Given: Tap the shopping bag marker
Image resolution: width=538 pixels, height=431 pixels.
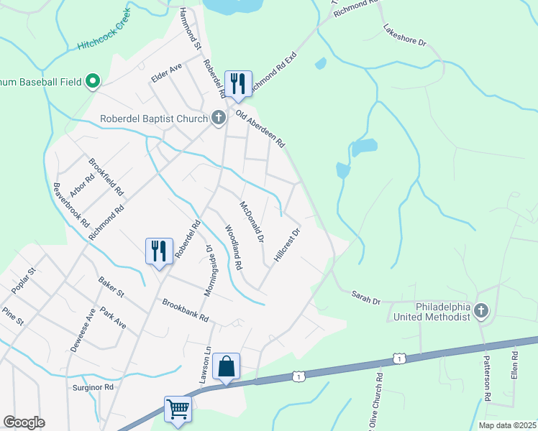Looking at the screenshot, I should tap(226, 366).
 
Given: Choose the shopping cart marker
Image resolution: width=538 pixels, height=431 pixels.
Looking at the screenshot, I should tap(178, 409).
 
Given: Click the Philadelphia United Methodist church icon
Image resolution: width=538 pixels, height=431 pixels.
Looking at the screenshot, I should tap(481, 311).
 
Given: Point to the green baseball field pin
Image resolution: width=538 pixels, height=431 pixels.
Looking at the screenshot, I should tap(93, 82).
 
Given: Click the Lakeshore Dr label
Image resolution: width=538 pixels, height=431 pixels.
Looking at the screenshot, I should tap(405, 37).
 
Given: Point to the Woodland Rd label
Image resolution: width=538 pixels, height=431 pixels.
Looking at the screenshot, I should tap(232, 248).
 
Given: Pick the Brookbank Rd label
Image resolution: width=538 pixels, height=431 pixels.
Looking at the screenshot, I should tap(186, 310).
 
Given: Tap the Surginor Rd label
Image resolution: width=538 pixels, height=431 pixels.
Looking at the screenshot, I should tap(94, 386).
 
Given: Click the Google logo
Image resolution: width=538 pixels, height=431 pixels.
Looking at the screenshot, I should tap(24, 422).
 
